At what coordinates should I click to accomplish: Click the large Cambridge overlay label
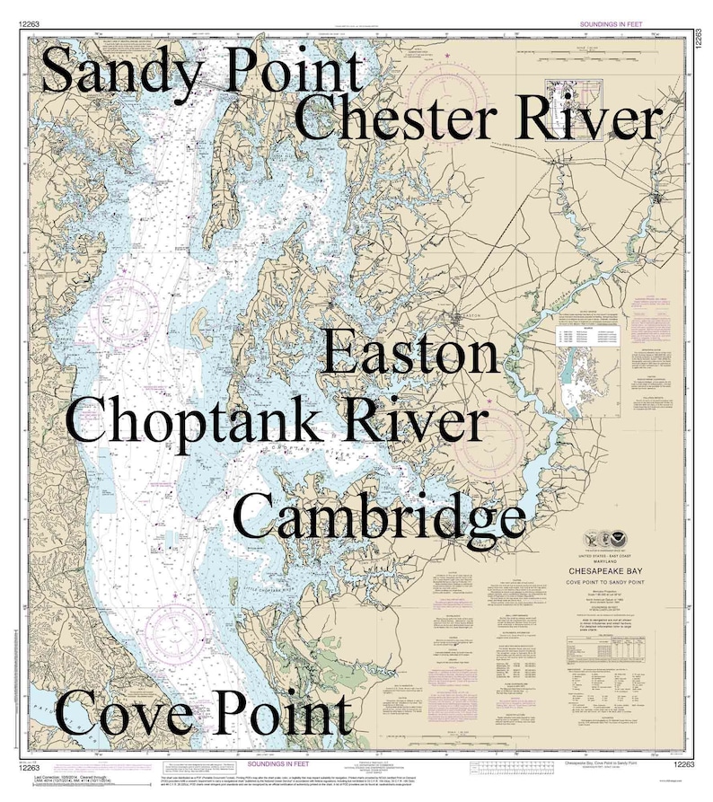coord(379,517)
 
